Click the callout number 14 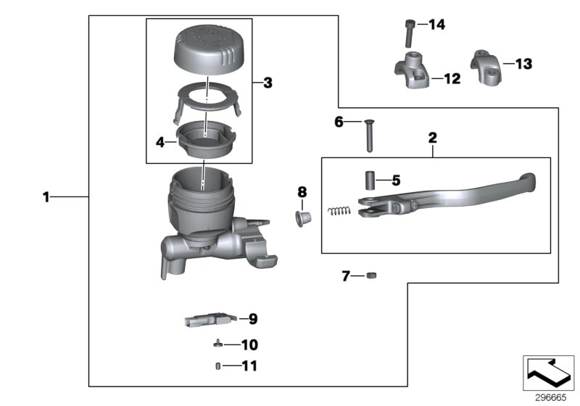(436, 25)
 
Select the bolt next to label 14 (409, 33)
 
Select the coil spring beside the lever (338, 211)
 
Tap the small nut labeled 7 (370, 275)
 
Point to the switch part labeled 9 (210, 319)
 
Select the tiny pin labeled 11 (217, 366)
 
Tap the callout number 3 (268, 83)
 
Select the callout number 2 (432, 137)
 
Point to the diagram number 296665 (549, 397)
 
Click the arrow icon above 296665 (549, 372)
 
